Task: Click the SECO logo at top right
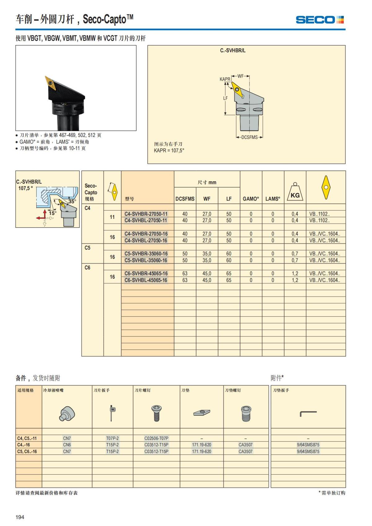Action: pos(320,20)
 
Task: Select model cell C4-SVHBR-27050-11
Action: pos(146,214)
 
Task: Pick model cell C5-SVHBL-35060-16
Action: pos(146,260)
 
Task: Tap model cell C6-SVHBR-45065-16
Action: pos(146,273)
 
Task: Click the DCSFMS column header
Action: pos(185,199)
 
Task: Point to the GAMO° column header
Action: pos(251,199)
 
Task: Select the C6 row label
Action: pos(88,267)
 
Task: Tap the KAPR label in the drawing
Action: pos(225,79)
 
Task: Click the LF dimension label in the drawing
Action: pos(225,98)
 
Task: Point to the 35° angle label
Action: pos(72,201)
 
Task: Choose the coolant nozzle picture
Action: pos(67,413)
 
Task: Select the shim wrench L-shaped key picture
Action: pos(308,413)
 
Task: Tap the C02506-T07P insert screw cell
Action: pos(157,438)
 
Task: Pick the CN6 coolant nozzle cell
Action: pos(67,445)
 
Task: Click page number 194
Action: pos(20,517)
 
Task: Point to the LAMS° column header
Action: pos(273,199)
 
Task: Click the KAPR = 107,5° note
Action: pos(169,151)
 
